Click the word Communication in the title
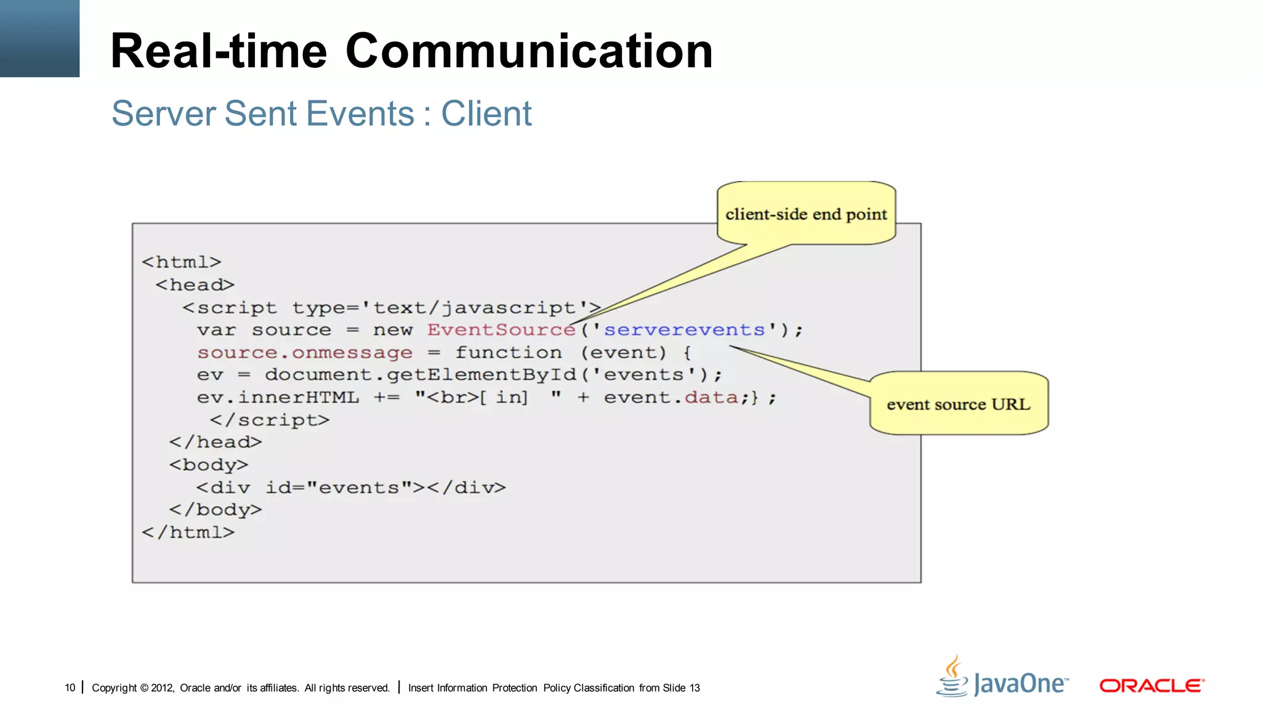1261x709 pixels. pos(529,51)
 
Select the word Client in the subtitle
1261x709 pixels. pos(486,114)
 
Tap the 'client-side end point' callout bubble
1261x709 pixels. pos(806,214)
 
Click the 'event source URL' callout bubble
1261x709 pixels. pos(958,404)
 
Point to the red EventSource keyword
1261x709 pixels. pos(501,330)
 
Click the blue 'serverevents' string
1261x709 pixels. pos(684,330)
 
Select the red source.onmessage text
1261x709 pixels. pos(305,353)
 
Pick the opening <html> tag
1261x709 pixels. pos(181,262)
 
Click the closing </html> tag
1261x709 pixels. pos(188,532)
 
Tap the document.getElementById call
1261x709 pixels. pos(481,375)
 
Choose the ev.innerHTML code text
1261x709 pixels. pos(278,398)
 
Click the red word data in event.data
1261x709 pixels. pos(711,398)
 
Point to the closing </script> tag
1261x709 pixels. pos(270,420)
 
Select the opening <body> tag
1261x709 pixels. pos(209,465)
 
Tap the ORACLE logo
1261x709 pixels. pos(1151,685)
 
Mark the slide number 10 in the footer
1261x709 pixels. pos(70,687)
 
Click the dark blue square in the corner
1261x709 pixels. pos(39,38)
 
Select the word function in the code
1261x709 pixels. pos(509,353)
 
